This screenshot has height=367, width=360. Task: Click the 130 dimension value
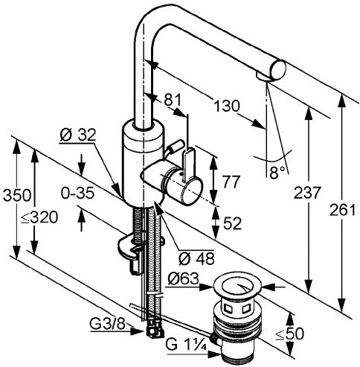tap(227, 106)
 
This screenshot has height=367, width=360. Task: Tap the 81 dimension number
tap(173, 100)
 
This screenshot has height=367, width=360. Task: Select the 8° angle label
tap(277, 173)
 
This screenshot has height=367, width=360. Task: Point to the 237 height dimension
tap(307, 193)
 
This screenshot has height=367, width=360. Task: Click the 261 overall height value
tap(342, 210)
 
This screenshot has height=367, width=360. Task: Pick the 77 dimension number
tap(231, 182)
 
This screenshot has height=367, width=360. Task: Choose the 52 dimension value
tap(232, 223)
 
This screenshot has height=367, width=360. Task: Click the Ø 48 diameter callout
tap(196, 259)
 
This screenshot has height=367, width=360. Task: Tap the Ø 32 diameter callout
tap(77, 135)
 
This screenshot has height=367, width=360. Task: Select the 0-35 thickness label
tap(77, 193)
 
